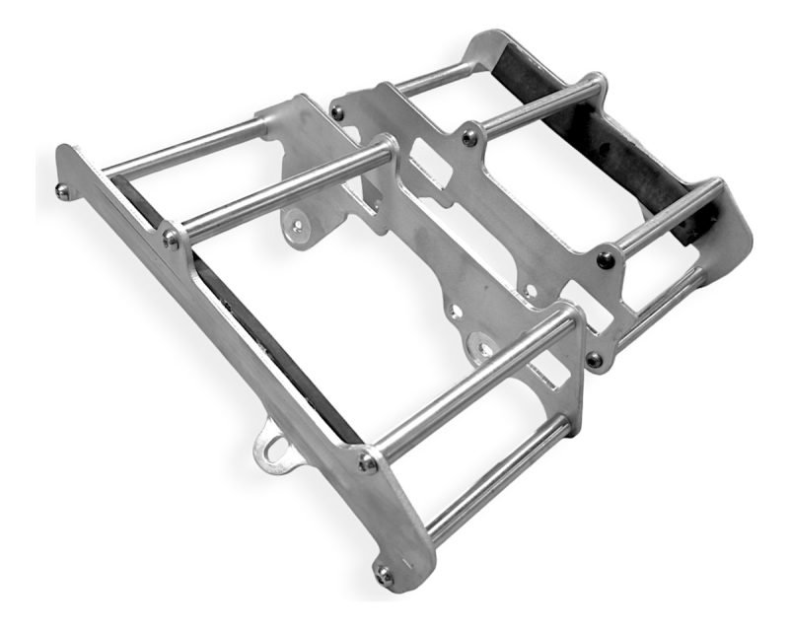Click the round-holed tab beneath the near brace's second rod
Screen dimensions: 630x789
point(298,226)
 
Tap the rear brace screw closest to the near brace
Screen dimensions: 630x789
point(338,113)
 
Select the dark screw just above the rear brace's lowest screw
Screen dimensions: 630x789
point(604,260)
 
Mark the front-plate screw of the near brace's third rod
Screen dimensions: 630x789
point(369,461)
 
